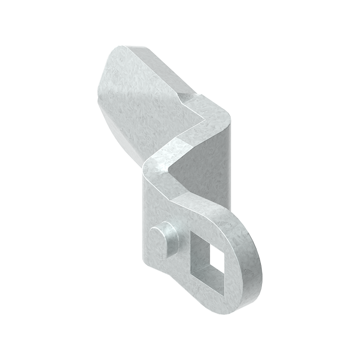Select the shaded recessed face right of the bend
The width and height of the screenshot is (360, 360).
[205, 166]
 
